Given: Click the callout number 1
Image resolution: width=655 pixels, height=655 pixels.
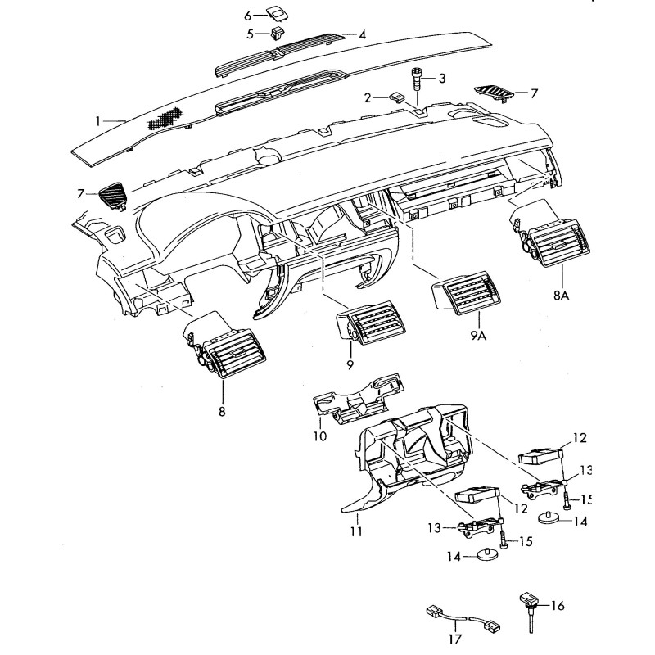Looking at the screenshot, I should (x=98, y=121).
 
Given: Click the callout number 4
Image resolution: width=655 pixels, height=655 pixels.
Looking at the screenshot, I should (x=362, y=34).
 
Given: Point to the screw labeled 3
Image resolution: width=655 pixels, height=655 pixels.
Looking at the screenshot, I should (x=418, y=80).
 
